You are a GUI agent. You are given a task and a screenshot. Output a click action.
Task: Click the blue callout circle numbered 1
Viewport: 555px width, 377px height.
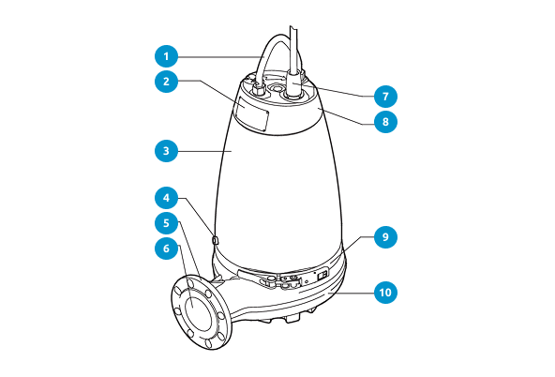pyautogui.click(x=166, y=56)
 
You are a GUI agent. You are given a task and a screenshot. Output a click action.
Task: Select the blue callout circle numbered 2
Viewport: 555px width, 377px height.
pyautogui.click(x=166, y=82)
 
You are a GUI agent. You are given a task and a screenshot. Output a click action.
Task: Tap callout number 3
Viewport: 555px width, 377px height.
pyautogui.click(x=166, y=151)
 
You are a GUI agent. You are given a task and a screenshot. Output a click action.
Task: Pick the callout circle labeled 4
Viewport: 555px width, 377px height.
pyautogui.click(x=166, y=198)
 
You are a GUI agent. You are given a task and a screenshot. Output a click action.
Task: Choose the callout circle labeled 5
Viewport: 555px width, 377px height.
pyautogui.click(x=166, y=223)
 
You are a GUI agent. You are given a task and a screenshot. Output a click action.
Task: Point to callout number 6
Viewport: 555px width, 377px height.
pyautogui.click(x=166, y=249)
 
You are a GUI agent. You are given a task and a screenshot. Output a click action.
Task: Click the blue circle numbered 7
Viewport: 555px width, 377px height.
pyautogui.click(x=385, y=96)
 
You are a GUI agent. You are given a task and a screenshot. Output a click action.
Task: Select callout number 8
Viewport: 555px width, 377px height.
pyautogui.click(x=385, y=121)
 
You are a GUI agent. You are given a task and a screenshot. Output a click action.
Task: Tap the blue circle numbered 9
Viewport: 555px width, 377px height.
pyautogui.click(x=385, y=237)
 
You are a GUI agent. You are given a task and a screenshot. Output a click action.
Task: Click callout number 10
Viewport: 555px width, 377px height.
pyautogui.click(x=385, y=293)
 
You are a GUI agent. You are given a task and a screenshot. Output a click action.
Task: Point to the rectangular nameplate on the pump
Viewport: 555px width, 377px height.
pyautogui.click(x=252, y=114)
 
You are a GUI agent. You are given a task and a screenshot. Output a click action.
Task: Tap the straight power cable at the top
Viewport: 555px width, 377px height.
pyautogui.click(x=293, y=50)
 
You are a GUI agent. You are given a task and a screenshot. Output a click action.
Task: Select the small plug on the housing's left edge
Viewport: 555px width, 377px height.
pyautogui.click(x=216, y=241)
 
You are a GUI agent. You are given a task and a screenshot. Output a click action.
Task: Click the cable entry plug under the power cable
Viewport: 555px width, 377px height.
pyautogui.click(x=293, y=85)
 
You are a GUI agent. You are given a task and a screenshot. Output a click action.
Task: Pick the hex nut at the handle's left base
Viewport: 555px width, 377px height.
pyautogui.click(x=259, y=89)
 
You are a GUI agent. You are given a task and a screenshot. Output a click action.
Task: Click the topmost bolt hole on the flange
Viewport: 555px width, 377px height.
pyautogui.click(x=190, y=283)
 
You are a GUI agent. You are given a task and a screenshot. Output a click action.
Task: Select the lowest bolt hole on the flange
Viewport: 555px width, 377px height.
pyautogui.click(x=209, y=343)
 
